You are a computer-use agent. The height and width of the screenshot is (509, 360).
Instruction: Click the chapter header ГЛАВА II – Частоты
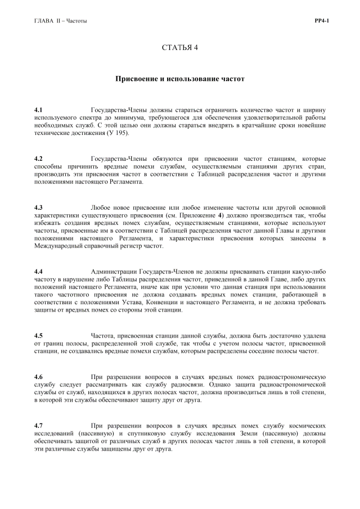[x=61, y=21]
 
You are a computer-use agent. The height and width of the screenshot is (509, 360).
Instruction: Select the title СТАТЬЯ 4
[x=180, y=47]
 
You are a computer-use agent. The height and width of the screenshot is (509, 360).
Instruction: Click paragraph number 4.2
[x=38, y=159]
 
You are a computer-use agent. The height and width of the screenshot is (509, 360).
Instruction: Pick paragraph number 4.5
[x=38, y=336]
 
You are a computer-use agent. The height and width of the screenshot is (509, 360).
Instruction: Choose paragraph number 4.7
[x=38, y=426]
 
